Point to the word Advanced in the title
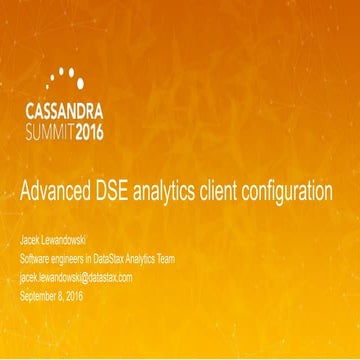point(59,194)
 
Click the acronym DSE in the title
point(122,194)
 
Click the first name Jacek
point(33,242)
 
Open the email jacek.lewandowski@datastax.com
point(90,277)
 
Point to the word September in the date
point(42,295)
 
